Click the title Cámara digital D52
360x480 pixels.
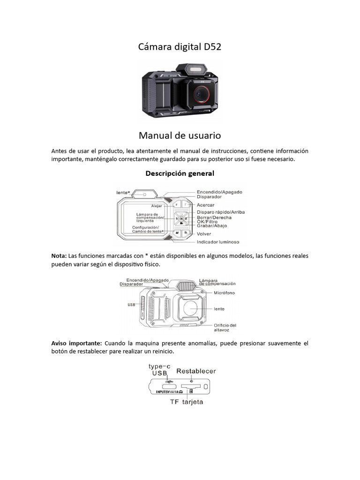tap(180, 47)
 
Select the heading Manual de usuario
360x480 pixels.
tap(180, 135)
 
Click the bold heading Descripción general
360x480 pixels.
tap(180, 173)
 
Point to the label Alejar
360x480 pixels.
tap(156, 206)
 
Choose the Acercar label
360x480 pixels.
tap(206, 205)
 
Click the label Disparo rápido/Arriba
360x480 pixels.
tap(220, 212)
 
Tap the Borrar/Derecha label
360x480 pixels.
tap(214, 217)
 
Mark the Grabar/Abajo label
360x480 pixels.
tap(212, 226)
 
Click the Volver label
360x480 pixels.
tap(204, 234)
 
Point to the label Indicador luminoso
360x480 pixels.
tap(218, 242)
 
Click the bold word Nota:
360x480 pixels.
tap(59, 256)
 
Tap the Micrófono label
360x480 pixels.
tap(224, 293)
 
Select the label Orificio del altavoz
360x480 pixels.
tap(225, 327)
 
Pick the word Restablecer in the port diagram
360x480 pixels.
tap(196, 371)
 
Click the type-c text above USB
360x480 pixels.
tap(160, 366)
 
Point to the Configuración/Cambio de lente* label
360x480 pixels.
tap(148, 229)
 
